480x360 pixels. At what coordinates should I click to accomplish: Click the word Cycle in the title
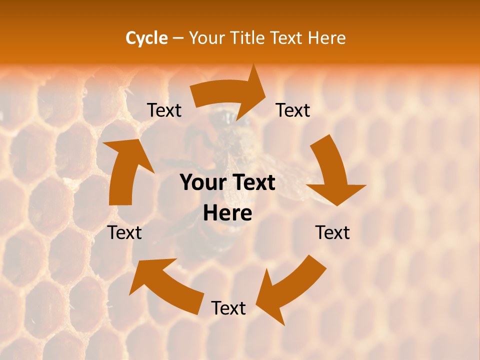[146, 38]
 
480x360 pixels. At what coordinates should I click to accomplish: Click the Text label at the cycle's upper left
[164, 110]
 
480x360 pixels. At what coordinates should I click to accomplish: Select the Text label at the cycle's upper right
[293, 110]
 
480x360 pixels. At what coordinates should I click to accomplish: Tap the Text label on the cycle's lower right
[332, 232]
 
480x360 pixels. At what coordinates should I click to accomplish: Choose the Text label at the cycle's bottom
[228, 308]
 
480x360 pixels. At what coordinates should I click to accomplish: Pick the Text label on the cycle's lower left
[125, 232]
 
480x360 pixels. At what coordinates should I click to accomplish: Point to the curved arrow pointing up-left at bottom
[165, 285]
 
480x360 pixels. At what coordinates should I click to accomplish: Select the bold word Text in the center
[252, 183]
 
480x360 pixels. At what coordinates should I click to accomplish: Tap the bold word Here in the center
[227, 213]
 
